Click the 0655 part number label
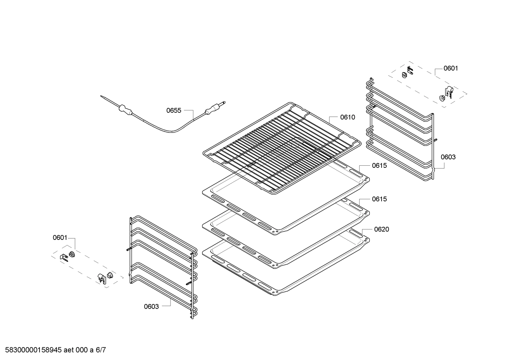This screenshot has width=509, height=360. pos(174,111)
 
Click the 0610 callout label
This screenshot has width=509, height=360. pos(348,117)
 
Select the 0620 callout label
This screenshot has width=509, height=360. pos(382,230)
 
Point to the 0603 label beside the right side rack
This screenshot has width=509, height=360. pos(448,157)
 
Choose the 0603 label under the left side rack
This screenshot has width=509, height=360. pos(151,307)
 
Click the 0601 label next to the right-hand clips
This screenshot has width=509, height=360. pos(451,69)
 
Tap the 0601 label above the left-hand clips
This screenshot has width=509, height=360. pos(60,238)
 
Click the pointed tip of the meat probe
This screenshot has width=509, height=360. pos(101,96)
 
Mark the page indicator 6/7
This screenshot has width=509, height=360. pos(101,350)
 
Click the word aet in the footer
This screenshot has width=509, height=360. pos(69,350)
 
